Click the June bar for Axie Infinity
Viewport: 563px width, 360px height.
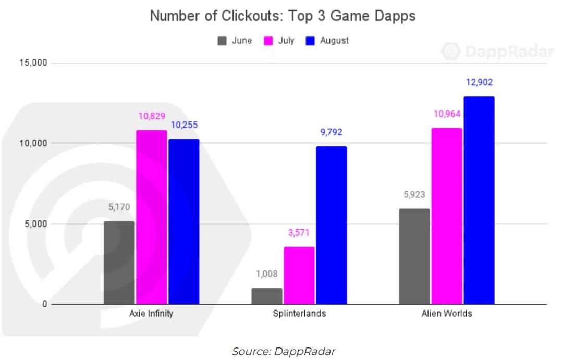[x=119, y=263]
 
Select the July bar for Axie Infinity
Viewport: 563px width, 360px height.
[x=152, y=217]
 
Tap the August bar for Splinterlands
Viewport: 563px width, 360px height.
[x=331, y=226]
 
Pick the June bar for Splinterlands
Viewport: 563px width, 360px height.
[x=267, y=296]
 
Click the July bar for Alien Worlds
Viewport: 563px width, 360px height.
[x=446, y=216]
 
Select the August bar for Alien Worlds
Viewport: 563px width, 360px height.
[x=479, y=201]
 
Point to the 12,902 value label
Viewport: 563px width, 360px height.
[x=479, y=82]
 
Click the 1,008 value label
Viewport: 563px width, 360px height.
[x=267, y=274]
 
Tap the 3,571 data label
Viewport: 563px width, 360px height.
[x=299, y=233]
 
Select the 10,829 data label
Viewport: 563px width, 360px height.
[x=152, y=116]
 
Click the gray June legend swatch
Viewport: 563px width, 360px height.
[x=222, y=41]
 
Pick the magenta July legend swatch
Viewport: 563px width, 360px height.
[x=269, y=41]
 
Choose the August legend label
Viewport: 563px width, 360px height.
[x=335, y=41]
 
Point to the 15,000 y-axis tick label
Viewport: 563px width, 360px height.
[x=34, y=63]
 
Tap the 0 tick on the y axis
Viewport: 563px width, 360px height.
[x=45, y=304]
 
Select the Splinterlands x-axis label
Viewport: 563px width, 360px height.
[x=299, y=314]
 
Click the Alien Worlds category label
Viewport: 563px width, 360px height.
[x=447, y=314]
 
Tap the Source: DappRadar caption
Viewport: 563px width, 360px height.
[x=284, y=351]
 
